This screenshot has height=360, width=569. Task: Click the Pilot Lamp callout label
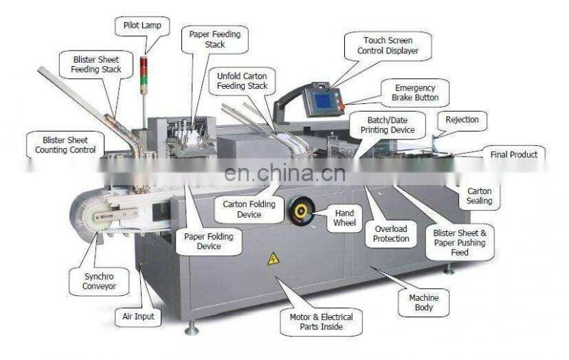pyautogui.click(x=142, y=26)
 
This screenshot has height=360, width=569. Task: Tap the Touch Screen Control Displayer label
pyautogui.click(x=388, y=46)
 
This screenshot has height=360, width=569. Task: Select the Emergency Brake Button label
pyautogui.click(x=415, y=92)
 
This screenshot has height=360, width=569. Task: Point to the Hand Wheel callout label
pyautogui.click(x=344, y=218)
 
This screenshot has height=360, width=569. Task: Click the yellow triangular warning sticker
pyautogui.click(x=273, y=259)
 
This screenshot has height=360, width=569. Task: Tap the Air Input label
pyautogui.click(x=138, y=317)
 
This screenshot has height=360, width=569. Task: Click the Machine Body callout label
pyautogui.click(x=424, y=302)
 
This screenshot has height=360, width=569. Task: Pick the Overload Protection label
pyautogui.click(x=391, y=233)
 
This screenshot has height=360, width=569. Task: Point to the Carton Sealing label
pyautogui.click(x=479, y=196)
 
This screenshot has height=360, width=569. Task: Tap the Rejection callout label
pyautogui.click(x=462, y=120)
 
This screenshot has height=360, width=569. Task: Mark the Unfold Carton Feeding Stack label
pyautogui.click(x=243, y=80)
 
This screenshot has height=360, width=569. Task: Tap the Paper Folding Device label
pyautogui.click(x=203, y=241)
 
